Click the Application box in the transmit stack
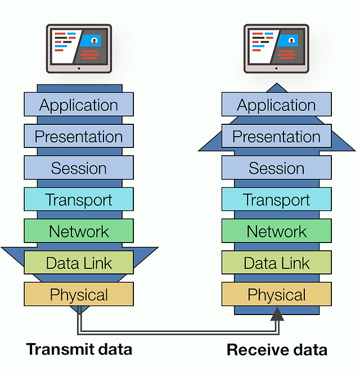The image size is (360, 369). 79,105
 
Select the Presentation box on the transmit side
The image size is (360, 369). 79,136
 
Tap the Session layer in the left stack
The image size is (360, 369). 79,168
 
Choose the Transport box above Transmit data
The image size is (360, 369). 79,199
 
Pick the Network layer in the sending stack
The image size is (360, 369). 79,231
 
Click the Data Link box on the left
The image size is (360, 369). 79,262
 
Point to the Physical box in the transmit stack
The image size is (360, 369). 79,294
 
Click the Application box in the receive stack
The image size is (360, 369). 276,105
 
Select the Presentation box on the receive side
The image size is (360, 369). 276,136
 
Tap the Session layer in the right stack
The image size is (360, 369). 276,168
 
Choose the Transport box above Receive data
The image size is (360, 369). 276,199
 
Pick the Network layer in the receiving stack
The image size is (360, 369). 276,231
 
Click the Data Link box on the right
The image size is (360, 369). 276,262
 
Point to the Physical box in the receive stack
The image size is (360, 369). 276,294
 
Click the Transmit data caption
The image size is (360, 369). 79,349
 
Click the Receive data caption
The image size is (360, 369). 277,350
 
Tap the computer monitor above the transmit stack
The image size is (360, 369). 79,48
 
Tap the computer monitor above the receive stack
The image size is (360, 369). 276,48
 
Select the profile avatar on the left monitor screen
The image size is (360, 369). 94,40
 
